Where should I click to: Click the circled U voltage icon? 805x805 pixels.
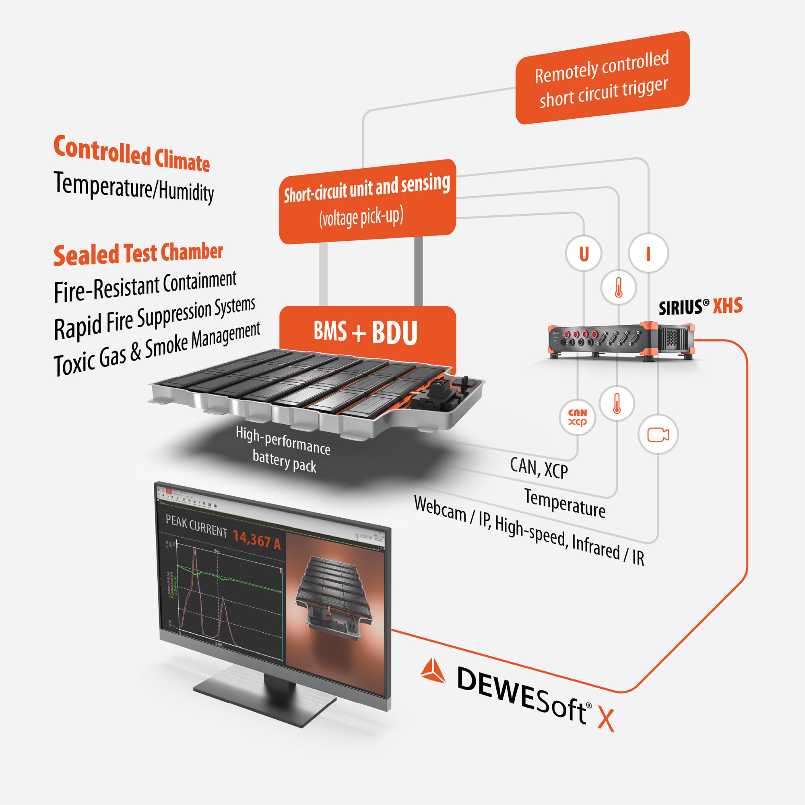583,253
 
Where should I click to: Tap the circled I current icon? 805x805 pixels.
648,253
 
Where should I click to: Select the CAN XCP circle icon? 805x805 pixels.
577,417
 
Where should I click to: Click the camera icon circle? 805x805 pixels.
658,434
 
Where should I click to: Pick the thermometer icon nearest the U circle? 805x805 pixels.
618,287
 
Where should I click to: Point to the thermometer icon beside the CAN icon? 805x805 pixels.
617,403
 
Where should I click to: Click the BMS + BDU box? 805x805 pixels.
367,332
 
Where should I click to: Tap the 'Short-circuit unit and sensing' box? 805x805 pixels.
367,201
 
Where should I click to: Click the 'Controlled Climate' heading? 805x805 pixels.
132,153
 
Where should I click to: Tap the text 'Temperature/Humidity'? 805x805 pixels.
134,188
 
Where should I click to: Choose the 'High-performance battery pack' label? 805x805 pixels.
283,449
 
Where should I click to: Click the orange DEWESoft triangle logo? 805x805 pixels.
433,671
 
